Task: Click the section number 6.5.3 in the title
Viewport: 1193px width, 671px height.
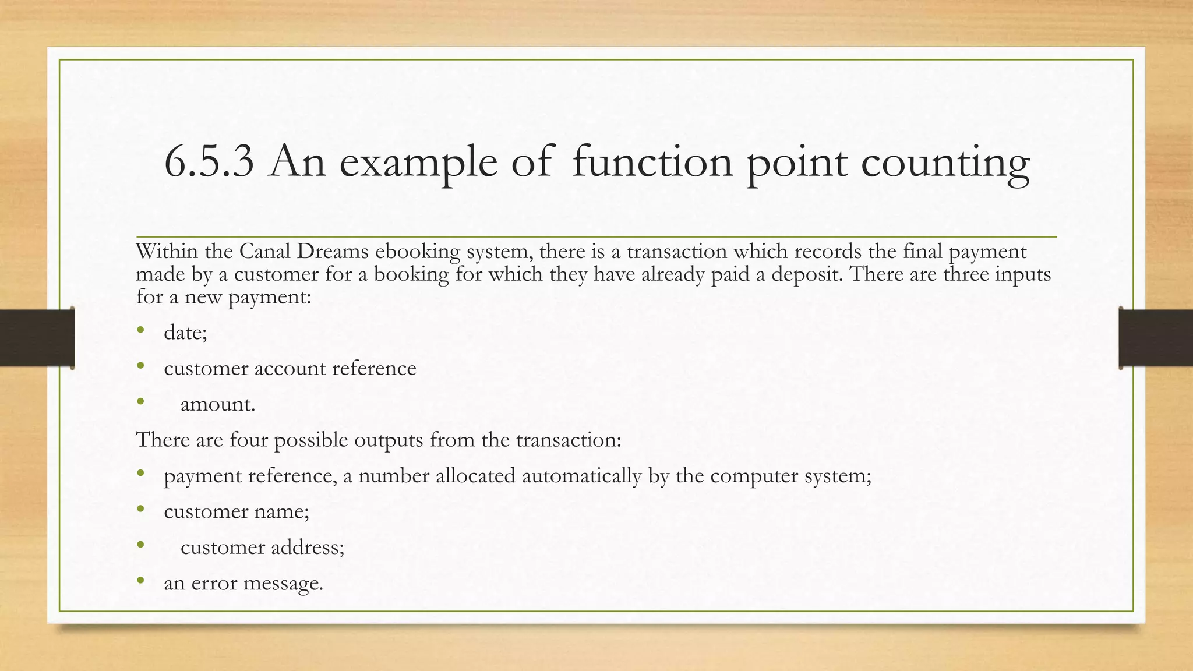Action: click(209, 162)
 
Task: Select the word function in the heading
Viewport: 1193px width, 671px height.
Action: click(652, 162)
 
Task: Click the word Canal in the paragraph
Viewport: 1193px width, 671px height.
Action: click(265, 252)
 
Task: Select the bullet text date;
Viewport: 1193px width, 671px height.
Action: click(185, 333)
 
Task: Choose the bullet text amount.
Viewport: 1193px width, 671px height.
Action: click(218, 404)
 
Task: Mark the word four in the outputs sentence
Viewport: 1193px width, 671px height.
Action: click(248, 440)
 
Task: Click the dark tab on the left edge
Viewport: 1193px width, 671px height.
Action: click(37, 338)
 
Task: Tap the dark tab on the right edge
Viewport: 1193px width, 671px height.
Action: click(1156, 338)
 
